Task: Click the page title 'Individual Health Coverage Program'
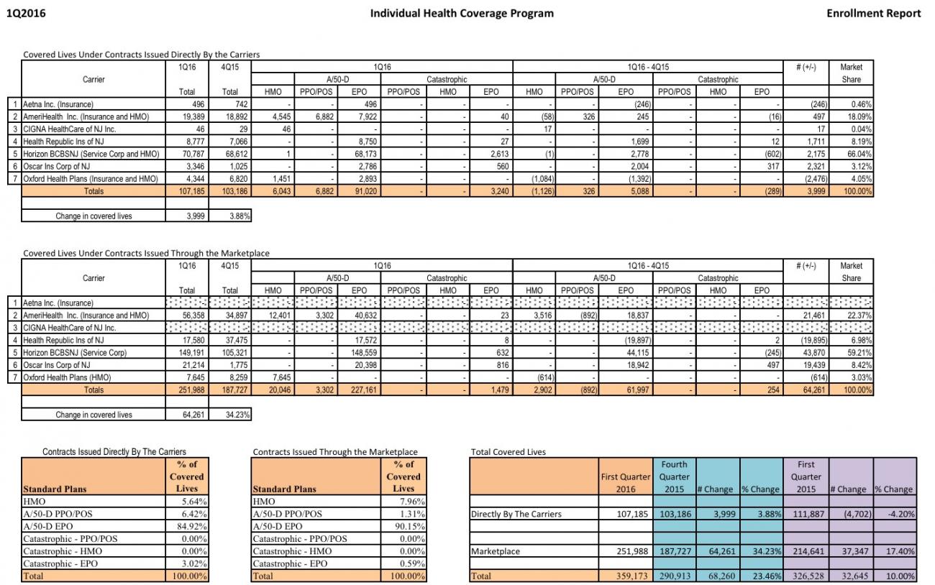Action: [x=462, y=13]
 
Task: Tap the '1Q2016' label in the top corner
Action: [x=21, y=13]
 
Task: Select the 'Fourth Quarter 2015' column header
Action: [x=674, y=476]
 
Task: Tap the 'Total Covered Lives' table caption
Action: [x=508, y=452]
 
